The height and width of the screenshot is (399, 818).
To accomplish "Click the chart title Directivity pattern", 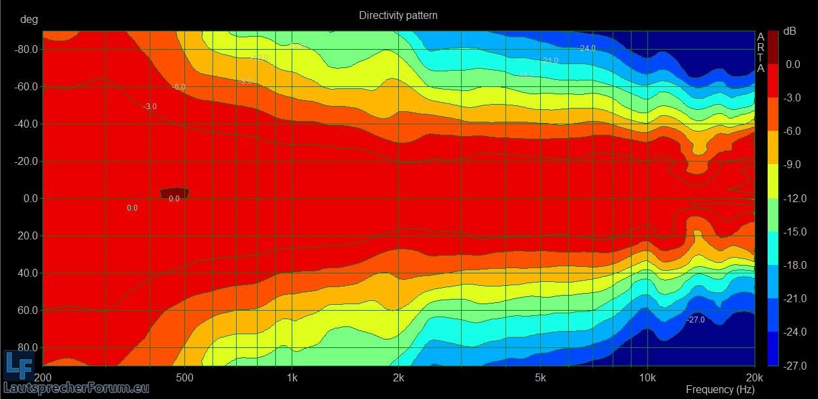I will tap(398, 15).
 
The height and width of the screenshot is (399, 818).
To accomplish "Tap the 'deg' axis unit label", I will tap(29, 19).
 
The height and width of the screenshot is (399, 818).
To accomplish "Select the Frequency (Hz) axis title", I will tap(720, 390).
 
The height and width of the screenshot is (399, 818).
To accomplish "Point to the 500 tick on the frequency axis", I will tap(185, 378).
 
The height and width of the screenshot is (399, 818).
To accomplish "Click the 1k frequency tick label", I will tap(292, 378).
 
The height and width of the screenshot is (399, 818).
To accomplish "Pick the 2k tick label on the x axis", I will tap(399, 378).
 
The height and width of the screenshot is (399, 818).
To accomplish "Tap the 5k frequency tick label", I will tap(540, 378).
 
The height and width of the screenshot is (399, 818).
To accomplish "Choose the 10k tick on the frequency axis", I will tap(647, 378).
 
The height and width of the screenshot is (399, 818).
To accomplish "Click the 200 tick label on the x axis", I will tap(43, 378).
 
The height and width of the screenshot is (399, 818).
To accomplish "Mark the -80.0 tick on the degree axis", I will tap(26, 49).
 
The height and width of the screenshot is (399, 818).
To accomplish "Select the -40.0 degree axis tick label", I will tap(26, 124).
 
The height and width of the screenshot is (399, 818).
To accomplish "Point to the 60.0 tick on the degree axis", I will tap(28, 310).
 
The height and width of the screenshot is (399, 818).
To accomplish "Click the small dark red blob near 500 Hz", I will tap(175, 192).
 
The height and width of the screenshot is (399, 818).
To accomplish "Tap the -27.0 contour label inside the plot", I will tap(696, 320).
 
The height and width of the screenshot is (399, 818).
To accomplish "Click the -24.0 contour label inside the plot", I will tap(586, 48).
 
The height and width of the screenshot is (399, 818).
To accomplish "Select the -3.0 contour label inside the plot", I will tap(150, 107).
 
